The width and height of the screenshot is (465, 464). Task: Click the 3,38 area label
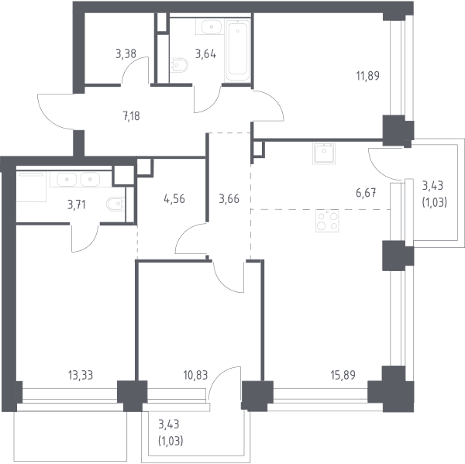[x=126, y=54]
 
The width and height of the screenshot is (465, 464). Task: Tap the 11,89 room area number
[x=367, y=76]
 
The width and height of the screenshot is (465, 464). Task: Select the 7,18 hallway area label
[x=132, y=116]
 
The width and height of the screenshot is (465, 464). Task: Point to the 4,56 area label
[x=174, y=198]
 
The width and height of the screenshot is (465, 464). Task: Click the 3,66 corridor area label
[x=229, y=199]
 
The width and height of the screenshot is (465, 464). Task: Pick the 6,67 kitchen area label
[x=366, y=193]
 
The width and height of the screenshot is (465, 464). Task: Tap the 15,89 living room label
[x=343, y=375]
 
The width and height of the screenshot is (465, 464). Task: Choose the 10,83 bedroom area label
[x=195, y=376]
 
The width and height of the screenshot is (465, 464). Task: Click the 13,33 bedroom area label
[x=81, y=375]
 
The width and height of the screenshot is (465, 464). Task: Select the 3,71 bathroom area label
[x=77, y=205]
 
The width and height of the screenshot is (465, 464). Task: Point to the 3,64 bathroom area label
[x=205, y=54]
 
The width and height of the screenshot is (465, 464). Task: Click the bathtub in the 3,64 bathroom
[x=237, y=50]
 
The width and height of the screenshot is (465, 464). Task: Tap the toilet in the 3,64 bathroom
[x=180, y=64]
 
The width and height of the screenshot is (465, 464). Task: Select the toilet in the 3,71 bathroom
[x=115, y=204]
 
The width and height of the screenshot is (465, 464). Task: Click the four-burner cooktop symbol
[x=327, y=221]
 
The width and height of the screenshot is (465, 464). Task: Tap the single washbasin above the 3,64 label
[x=211, y=27]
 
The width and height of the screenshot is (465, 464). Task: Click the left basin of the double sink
[x=67, y=180]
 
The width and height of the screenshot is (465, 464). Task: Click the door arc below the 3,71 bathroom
[x=85, y=238]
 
